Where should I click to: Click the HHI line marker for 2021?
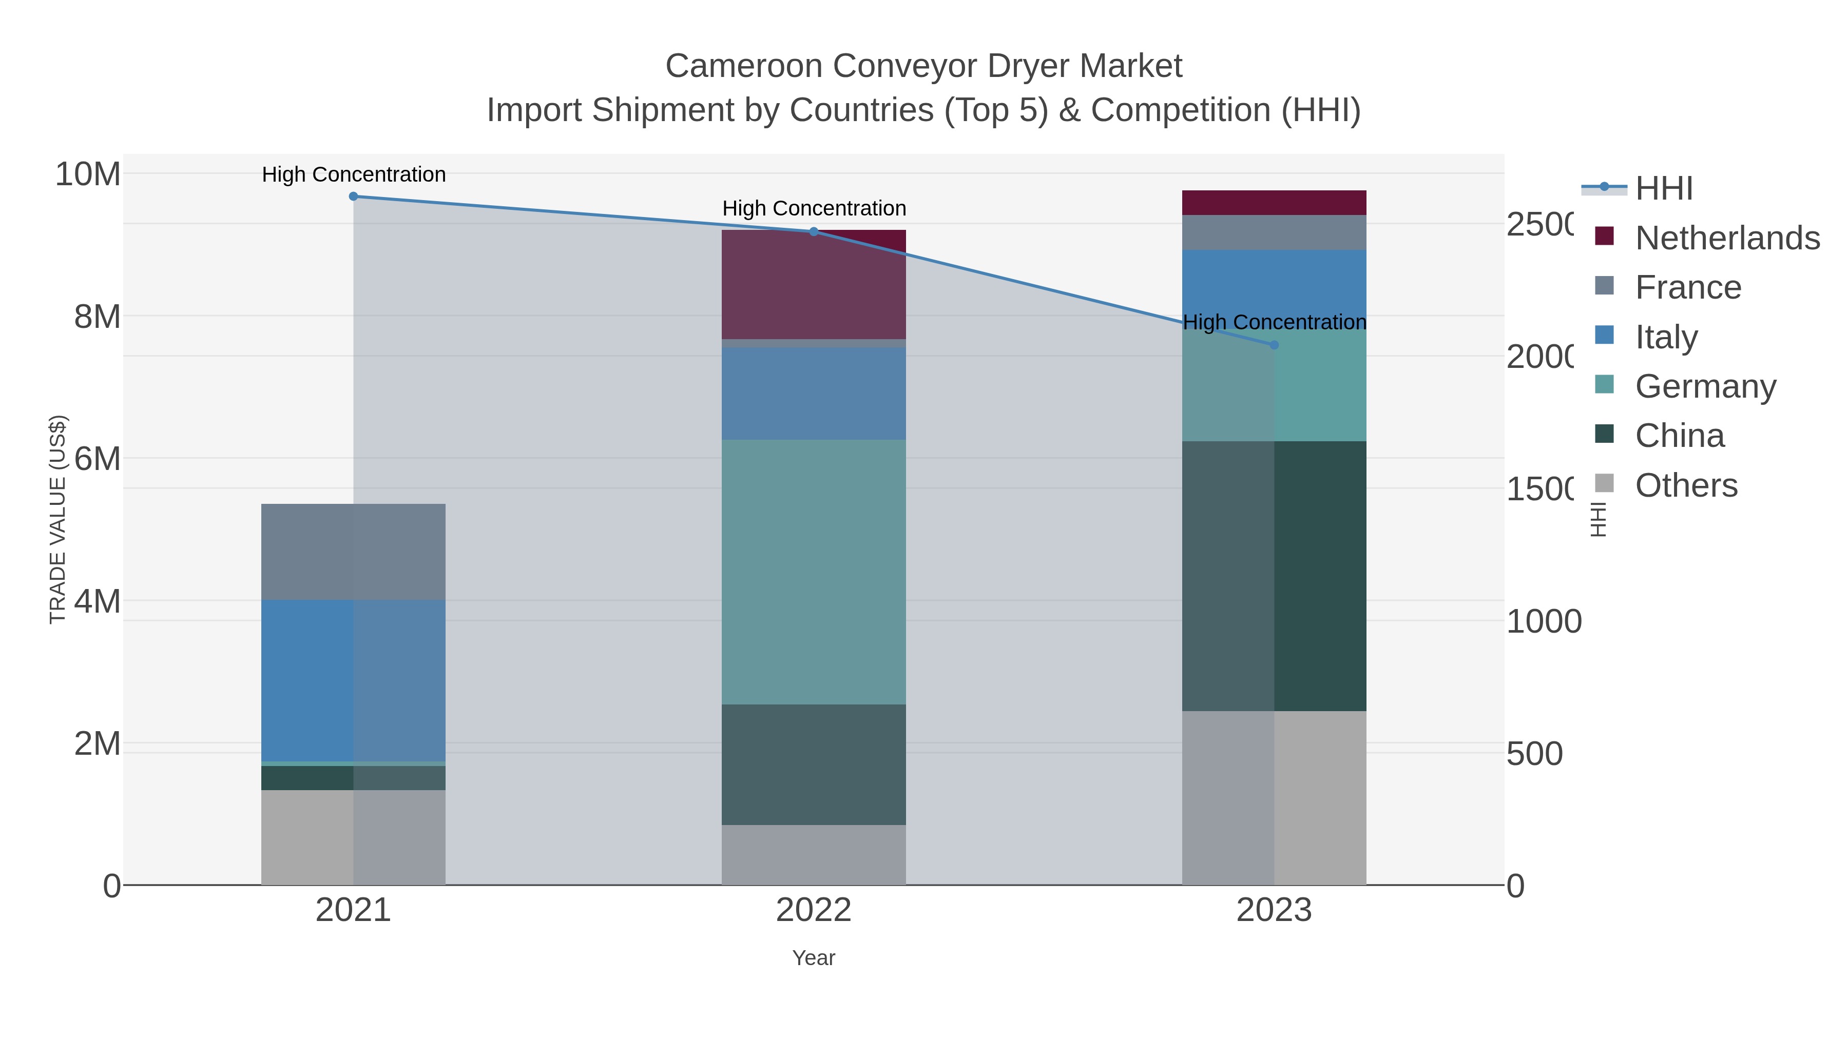click(353, 197)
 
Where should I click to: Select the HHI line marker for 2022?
click(814, 231)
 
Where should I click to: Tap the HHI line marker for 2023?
click(1274, 345)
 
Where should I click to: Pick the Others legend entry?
click(1686, 485)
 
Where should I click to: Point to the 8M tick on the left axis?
click(98, 316)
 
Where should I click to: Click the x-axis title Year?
click(814, 958)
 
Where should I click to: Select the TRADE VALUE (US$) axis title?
click(57, 520)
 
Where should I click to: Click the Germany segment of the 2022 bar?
click(814, 572)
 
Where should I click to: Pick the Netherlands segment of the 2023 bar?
click(1274, 203)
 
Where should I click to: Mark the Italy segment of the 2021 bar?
click(353, 680)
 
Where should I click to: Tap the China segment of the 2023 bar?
click(1274, 576)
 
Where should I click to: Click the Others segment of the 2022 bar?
click(814, 855)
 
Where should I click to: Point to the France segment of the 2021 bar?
click(353, 552)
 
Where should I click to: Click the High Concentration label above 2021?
click(354, 174)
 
